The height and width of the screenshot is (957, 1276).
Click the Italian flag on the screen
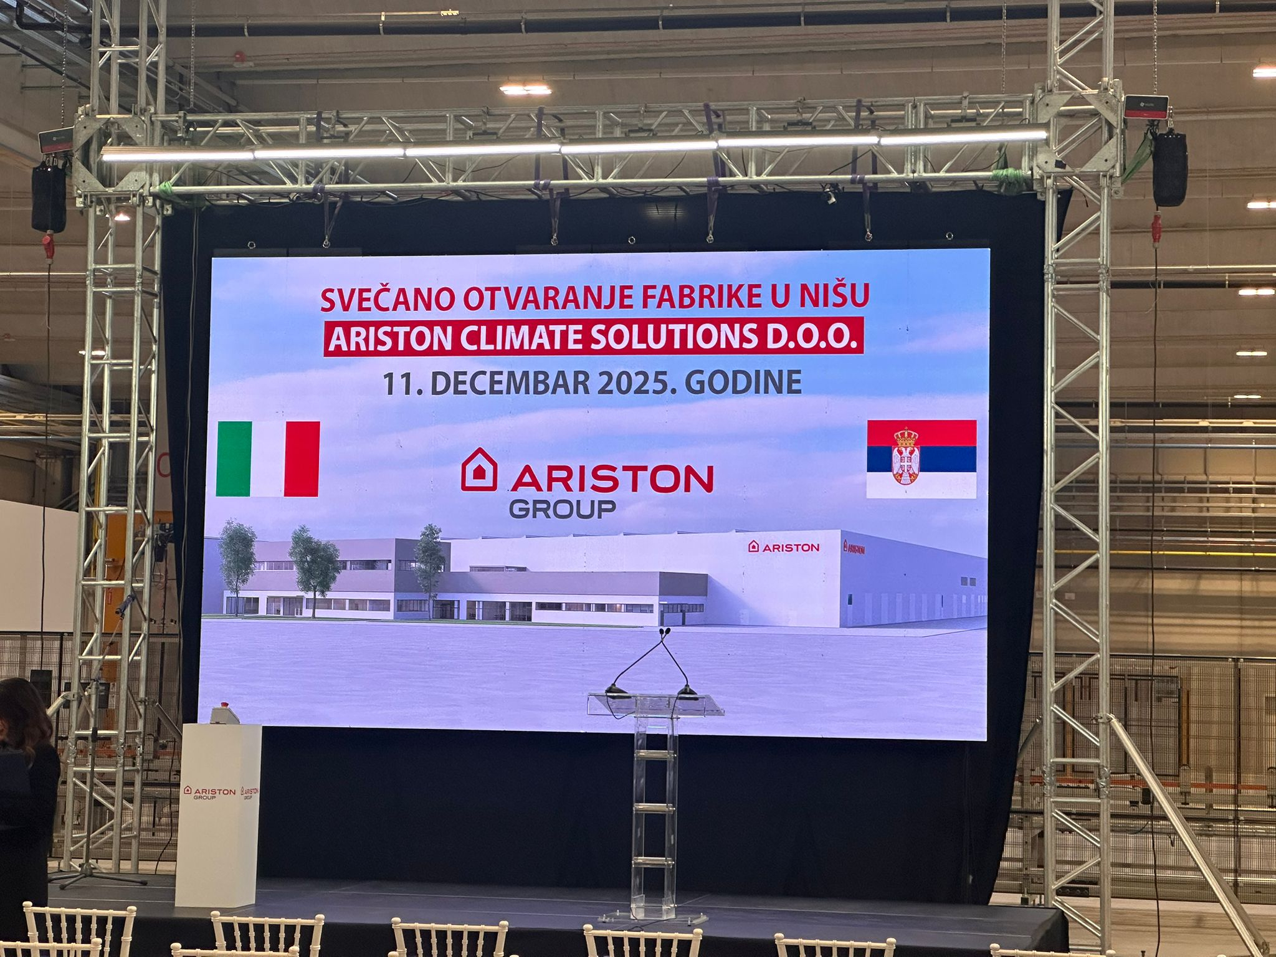point(268,459)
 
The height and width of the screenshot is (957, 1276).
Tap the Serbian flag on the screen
point(921,459)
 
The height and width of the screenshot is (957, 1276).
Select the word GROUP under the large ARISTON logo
point(562,509)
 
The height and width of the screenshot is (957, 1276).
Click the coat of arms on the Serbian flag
point(905,455)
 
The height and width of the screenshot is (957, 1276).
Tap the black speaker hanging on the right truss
point(1169,168)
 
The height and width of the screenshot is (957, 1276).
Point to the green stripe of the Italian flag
point(234,459)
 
